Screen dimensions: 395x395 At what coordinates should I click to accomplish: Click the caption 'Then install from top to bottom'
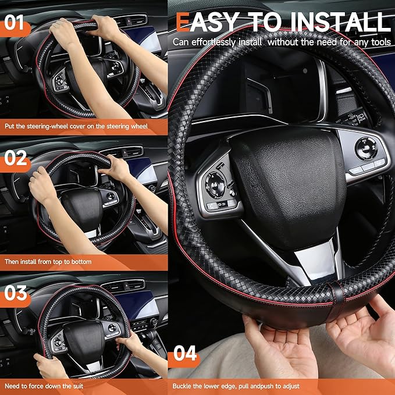point(48,262)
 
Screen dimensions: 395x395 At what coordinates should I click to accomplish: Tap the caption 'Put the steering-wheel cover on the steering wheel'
point(76,126)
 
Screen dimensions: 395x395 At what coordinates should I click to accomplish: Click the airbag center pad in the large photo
point(285,175)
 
